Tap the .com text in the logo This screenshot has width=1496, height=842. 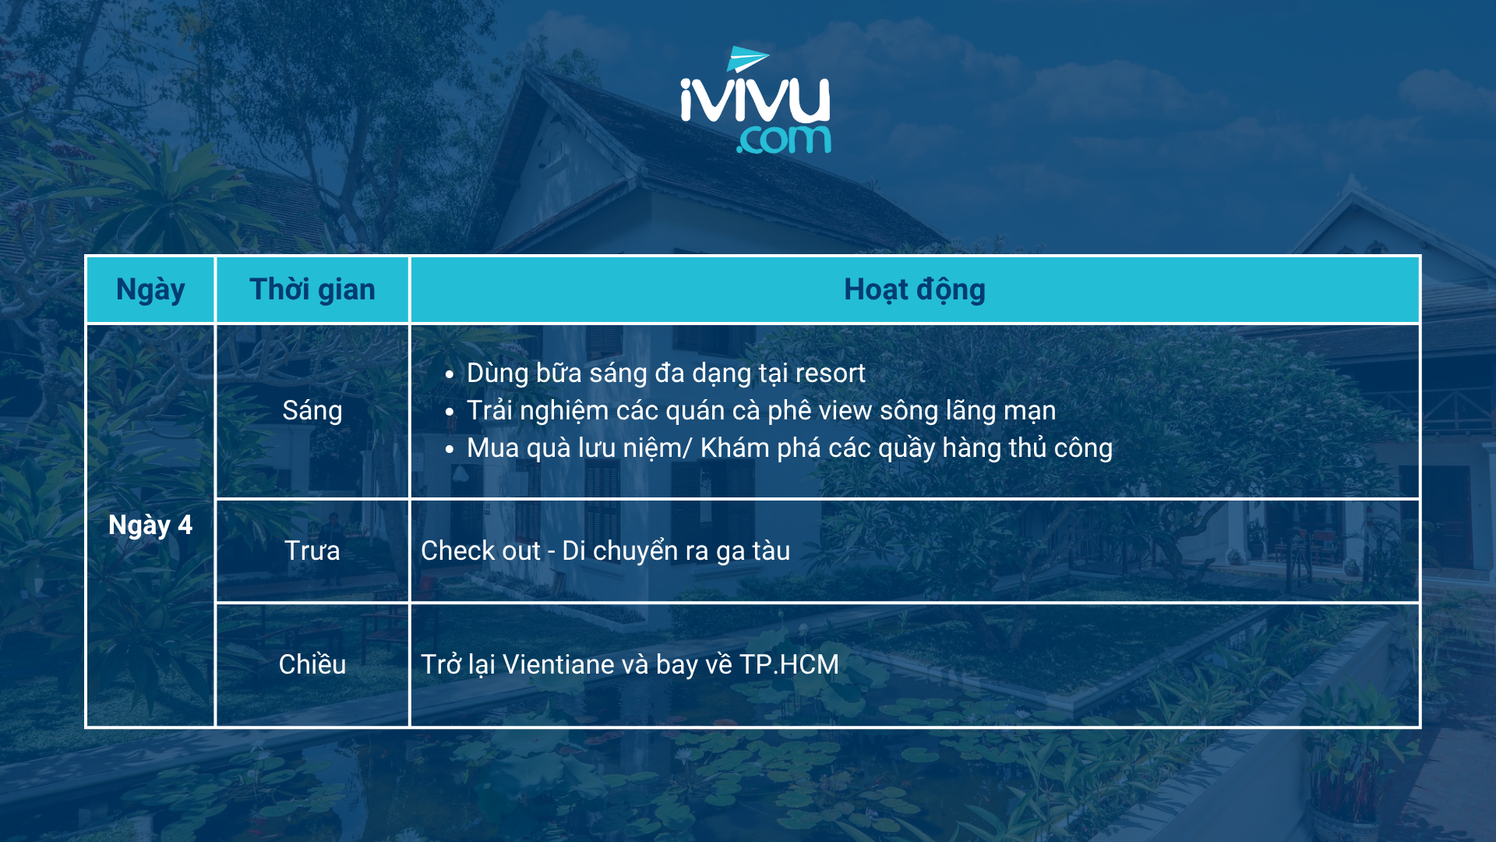coord(784,140)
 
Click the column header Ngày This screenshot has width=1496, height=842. coord(150,289)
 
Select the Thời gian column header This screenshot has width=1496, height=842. coord(312,289)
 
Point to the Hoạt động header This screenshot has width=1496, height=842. coord(915,289)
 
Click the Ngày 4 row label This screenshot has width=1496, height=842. coord(150,525)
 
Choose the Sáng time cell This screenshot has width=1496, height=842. coord(312,411)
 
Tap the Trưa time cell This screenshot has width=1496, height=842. coord(312,551)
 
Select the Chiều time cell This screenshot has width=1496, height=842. coord(312,664)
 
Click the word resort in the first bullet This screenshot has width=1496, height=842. coord(828,373)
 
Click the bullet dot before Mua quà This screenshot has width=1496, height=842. coord(450,450)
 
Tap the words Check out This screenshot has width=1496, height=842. coord(481,550)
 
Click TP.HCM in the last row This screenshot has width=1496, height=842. coord(789,664)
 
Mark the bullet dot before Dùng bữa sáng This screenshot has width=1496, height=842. coord(450,375)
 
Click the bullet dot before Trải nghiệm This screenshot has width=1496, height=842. coord(450,412)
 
